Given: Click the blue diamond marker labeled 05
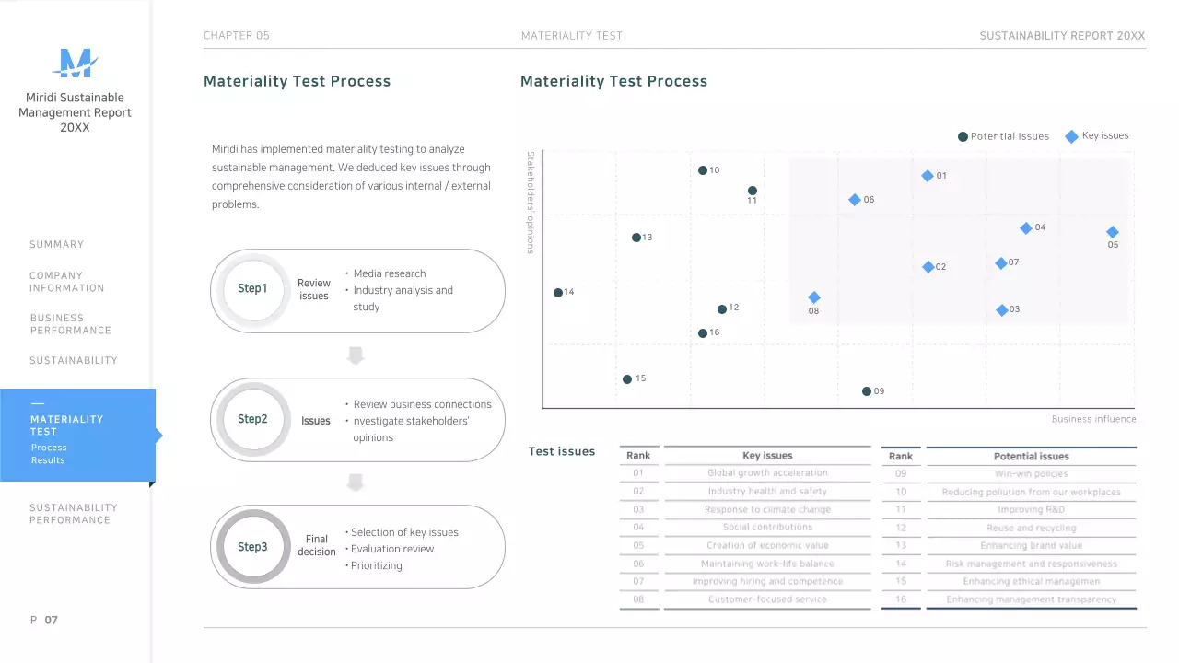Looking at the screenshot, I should tap(1112, 232).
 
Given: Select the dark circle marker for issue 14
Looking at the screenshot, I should tap(558, 293).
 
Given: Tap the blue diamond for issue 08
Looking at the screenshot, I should tap(814, 297).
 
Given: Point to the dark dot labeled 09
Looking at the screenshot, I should tap(867, 391).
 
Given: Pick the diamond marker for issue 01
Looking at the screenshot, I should tap(928, 176).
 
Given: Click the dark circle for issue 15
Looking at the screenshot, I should tap(627, 379).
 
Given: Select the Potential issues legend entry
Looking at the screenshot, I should tap(1003, 136).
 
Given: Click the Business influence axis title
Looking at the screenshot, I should tap(1093, 419).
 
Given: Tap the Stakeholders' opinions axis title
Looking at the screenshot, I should tap(531, 203).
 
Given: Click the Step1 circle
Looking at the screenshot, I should tap(252, 289).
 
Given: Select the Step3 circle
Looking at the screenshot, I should tap(252, 547).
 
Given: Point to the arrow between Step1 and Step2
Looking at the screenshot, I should tap(356, 355).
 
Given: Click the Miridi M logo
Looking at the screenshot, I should tap(75, 64).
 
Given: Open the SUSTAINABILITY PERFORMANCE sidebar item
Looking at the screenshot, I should tap(74, 514).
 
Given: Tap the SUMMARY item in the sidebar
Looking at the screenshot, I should tap(56, 245).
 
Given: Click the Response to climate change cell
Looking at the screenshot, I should tap(767, 509).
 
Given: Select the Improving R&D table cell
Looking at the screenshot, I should tap(1031, 509).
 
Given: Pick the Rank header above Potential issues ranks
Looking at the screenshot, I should tap(901, 456).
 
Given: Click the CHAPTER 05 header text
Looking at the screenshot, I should tap(237, 36).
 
